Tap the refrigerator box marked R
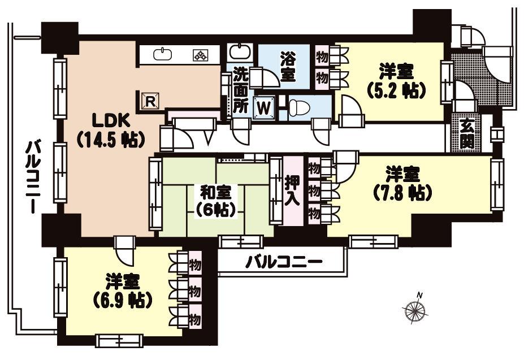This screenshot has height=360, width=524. pos(150,101)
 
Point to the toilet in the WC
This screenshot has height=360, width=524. pos(300,107)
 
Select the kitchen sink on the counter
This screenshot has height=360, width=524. pos(163,54)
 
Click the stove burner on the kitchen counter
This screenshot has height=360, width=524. pos(200,55)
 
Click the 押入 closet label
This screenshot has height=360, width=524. pos(293,191)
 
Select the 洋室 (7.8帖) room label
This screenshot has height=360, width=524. pos(402,183)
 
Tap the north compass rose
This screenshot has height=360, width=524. pos(415,311)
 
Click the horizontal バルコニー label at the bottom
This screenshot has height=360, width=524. pos(284,262)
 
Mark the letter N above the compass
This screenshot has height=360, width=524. pos(419,294)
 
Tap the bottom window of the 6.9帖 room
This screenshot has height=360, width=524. pos(119,340)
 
